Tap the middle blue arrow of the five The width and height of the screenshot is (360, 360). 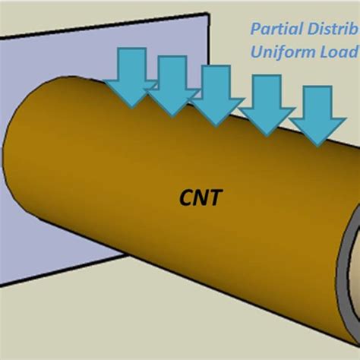tap(213, 92)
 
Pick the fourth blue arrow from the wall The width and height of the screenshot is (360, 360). tap(267, 106)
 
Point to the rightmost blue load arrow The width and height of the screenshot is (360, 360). tap(317, 115)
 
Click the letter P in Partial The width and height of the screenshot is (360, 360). tap(254, 30)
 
